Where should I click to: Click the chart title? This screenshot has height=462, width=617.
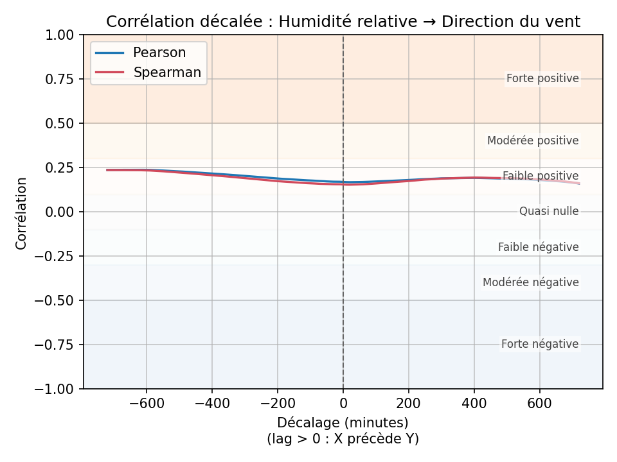pos(343,22)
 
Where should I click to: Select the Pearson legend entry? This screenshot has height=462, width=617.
pos(159,53)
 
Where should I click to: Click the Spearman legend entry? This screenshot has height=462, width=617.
pos(167,73)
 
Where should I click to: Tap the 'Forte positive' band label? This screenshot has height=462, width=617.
pos(542,79)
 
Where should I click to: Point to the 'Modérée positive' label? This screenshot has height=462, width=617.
pos(533,141)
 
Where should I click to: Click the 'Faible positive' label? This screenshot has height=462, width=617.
pos(541,176)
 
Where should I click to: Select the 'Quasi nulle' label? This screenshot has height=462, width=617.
pos(549,211)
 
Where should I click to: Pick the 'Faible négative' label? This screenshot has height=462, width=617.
pos(539,247)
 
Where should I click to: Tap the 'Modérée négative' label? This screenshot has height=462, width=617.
pos(531,282)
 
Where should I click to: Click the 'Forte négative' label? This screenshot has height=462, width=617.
pos(540,344)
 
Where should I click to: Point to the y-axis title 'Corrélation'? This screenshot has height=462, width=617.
pos(21,213)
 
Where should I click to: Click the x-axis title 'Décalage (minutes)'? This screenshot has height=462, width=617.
pos(343,423)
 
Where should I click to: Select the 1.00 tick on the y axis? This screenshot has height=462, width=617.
pos(61,35)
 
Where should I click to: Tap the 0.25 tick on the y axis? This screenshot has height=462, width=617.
pos(61,167)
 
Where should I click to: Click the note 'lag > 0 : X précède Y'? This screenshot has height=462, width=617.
pos(343,439)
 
